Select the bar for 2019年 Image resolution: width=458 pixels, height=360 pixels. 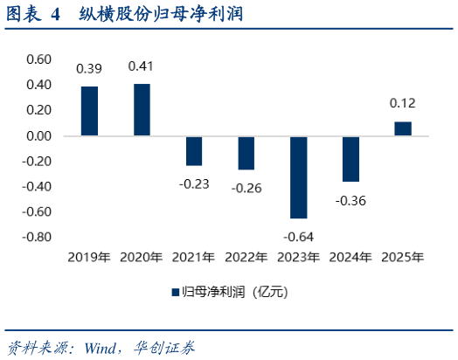[89, 111]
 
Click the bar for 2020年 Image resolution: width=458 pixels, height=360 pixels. [142, 110]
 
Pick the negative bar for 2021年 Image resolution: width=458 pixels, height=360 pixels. [193, 151]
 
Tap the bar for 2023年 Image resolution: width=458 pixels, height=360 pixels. [298, 177]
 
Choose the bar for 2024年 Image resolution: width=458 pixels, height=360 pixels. [350, 159]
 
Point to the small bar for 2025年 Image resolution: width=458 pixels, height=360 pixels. [402, 128]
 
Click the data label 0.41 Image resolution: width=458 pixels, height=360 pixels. [142, 66]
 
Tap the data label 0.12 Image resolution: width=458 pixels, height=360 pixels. [402, 104]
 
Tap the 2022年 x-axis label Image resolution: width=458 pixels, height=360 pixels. [246, 258]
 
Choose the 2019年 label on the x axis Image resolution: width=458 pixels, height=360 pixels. [89, 258]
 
